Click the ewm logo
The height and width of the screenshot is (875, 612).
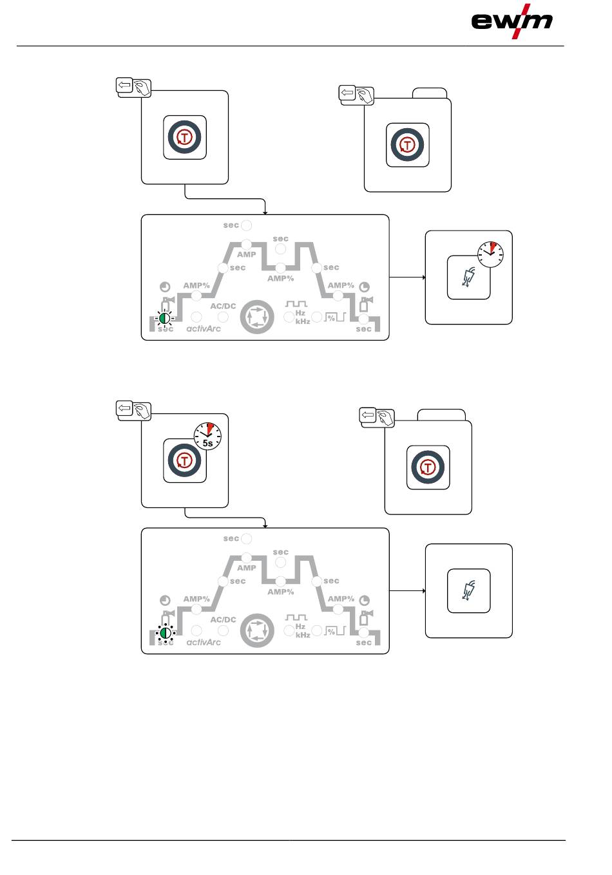(512, 21)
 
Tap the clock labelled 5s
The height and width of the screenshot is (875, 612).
(207, 436)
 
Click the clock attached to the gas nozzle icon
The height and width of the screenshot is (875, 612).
(490, 254)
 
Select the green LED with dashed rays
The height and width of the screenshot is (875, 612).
(165, 318)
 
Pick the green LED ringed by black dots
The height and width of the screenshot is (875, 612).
(166, 632)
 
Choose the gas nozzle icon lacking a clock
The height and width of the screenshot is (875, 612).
(468, 590)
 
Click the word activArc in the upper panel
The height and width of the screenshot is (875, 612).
(203, 329)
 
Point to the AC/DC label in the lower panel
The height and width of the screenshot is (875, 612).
(223, 619)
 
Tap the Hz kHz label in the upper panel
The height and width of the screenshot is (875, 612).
(303, 317)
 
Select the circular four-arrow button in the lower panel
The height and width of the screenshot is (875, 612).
(257, 631)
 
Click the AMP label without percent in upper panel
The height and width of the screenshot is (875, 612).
(246, 255)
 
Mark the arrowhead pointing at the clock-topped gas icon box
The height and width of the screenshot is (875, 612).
(424, 278)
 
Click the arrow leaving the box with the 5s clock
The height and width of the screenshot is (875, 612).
(225, 518)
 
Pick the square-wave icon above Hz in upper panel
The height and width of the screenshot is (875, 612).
(296, 304)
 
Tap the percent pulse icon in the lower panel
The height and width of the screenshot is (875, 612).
(335, 631)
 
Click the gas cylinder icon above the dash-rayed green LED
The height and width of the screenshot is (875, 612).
(167, 304)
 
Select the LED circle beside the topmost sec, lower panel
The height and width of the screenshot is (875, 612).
(247, 539)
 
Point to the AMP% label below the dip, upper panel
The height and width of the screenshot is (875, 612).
(281, 279)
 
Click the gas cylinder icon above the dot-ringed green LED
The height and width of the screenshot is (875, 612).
(167, 617)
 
